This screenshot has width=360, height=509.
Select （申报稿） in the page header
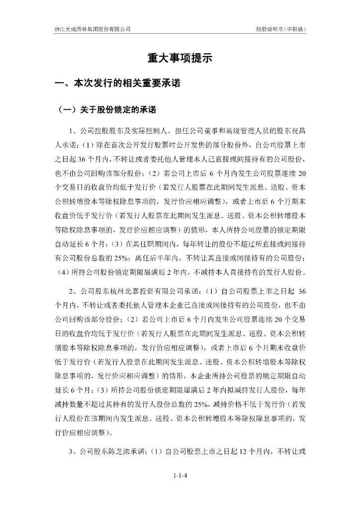pos(293,29)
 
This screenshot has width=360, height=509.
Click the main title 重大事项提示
pos(180,58)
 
